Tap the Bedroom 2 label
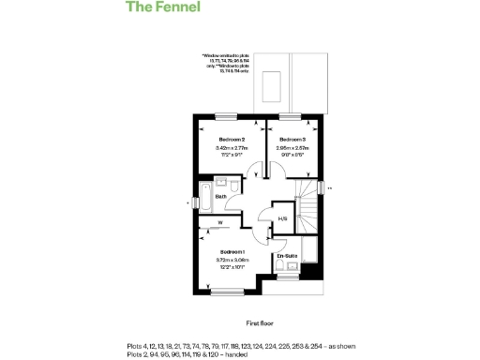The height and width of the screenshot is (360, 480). [x=231, y=139]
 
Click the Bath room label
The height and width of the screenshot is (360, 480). [x=221, y=197]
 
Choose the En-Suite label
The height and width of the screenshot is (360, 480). [x=286, y=255]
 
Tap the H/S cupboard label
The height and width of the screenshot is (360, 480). [x=282, y=219]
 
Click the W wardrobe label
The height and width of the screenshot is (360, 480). [x=220, y=222]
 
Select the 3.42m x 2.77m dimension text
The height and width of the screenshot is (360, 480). [x=231, y=148]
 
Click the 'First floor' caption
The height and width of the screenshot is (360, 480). [x=260, y=322]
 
